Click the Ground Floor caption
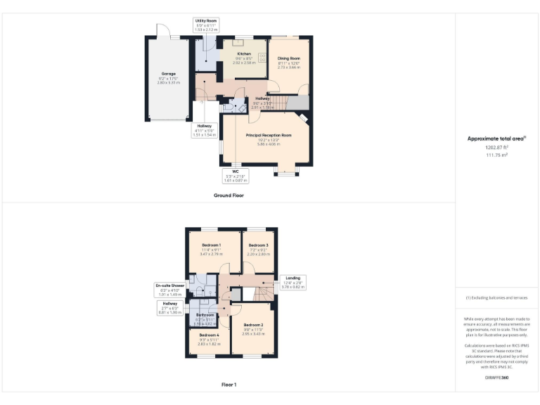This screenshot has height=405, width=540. [x=229, y=195]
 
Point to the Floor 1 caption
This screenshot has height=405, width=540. [x=229, y=385]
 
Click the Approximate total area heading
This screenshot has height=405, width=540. [x=497, y=139]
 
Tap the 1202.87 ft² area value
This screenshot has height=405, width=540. [x=497, y=148]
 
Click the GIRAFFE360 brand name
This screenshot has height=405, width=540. [x=497, y=378]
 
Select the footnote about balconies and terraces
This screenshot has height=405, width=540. [x=497, y=298]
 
